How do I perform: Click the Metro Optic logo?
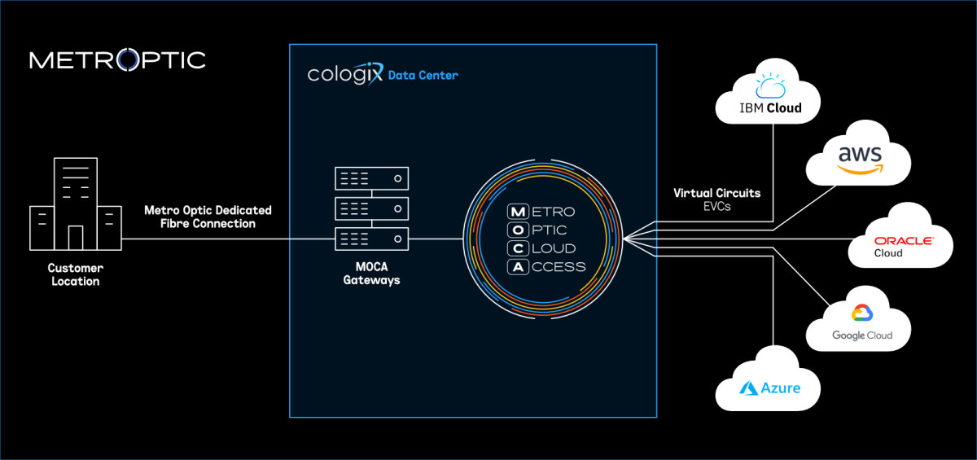(117, 60)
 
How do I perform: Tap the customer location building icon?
(75, 206)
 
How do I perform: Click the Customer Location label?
(75, 274)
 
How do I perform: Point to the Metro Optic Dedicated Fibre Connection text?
(208, 217)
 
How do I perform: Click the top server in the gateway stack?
(370, 177)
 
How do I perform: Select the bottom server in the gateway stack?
(370, 239)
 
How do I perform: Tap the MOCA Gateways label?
(371, 274)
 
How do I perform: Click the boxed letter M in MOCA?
(516, 212)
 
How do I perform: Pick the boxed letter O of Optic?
(516, 230)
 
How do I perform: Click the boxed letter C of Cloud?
(516, 248)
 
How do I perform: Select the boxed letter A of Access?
(516, 266)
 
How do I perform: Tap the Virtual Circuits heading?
(716, 194)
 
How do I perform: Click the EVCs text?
(716, 208)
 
